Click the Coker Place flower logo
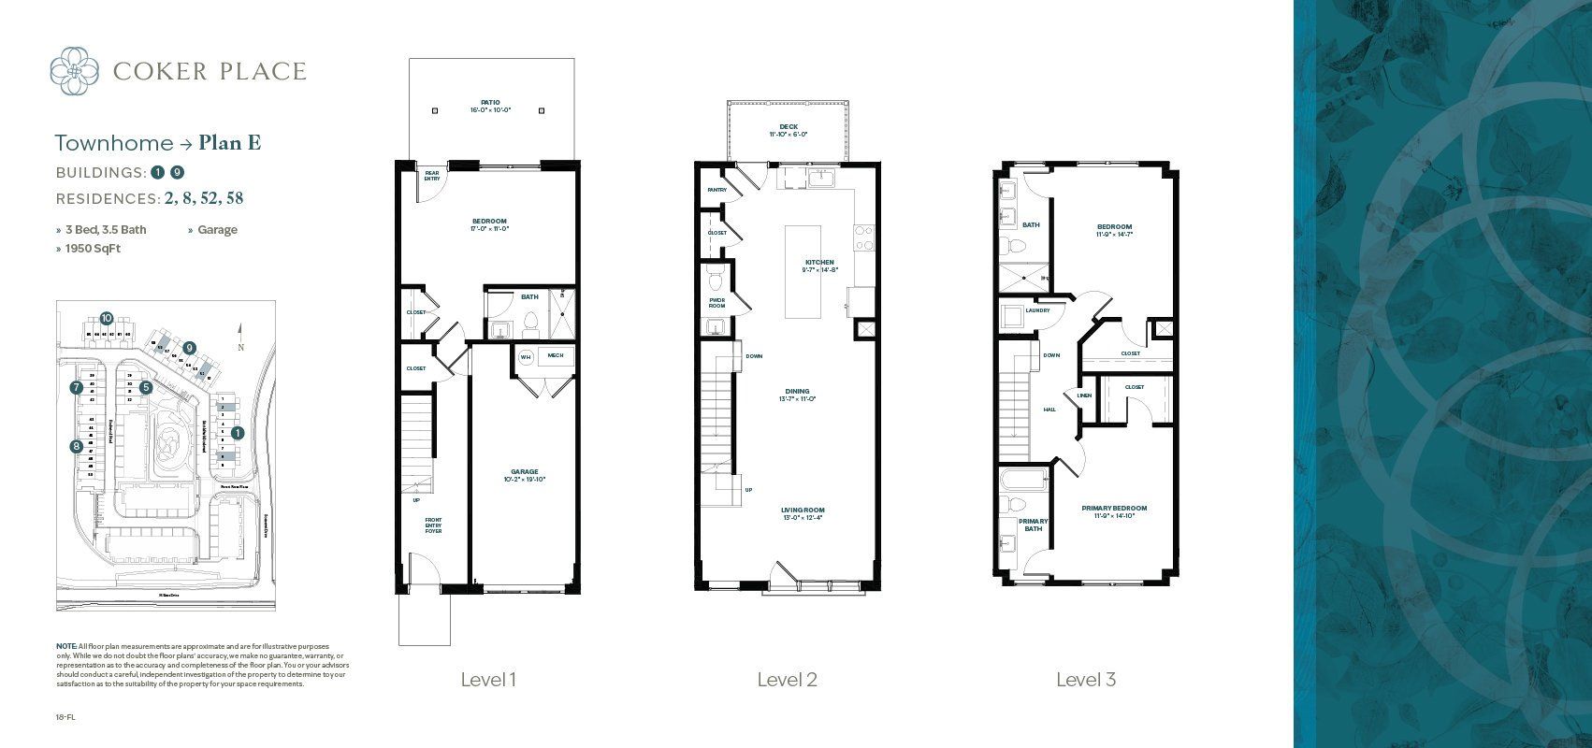pyautogui.click(x=74, y=71)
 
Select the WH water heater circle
pyautogui.click(x=525, y=357)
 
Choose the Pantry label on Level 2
pyautogui.click(x=716, y=190)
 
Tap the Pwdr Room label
pyautogui.click(x=716, y=302)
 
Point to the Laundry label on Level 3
pyautogui.click(x=1037, y=310)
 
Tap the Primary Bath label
pyautogui.click(x=1033, y=525)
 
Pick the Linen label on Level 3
pyautogui.click(x=1084, y=396)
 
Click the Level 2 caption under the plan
pyautogui.click(x=787, y=680)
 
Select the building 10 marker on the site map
pyautogui.click(x=106, y=318)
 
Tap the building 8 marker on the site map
pyautogui.click(x=76, y=446)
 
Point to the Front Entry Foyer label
pyautogui.click(x=433, y=525)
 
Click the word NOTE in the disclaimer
pyautogui.click(x=66, y=646)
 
